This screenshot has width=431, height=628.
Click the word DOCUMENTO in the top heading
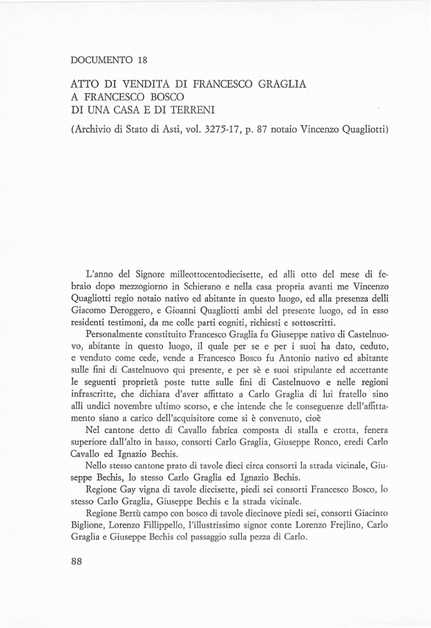click(x=102, y=59)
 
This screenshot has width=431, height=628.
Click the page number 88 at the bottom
click(x=77, y=561)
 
